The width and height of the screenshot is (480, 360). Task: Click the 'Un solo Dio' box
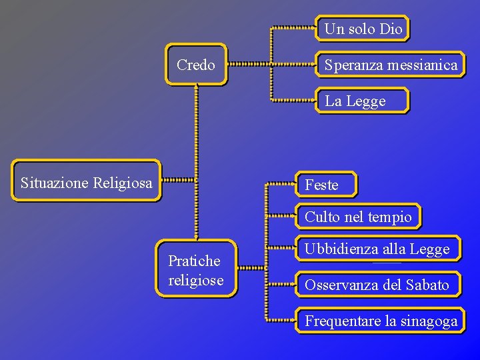tap(363, 29)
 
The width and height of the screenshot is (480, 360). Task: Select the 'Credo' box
tap(196, 65)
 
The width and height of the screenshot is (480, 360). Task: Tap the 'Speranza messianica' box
tap(391, 65)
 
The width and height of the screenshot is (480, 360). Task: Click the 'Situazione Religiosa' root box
tap(87, 181)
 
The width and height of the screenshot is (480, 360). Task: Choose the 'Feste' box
tap(325, 185)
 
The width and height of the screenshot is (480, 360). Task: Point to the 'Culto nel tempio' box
tap(359, 217)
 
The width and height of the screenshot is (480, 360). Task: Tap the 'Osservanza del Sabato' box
tap(377, 285)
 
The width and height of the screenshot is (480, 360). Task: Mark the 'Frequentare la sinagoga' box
tap(381, 321)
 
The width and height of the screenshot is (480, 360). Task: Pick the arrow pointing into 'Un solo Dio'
tap(293, 28)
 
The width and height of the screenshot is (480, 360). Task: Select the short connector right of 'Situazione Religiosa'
tap(179, 179)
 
